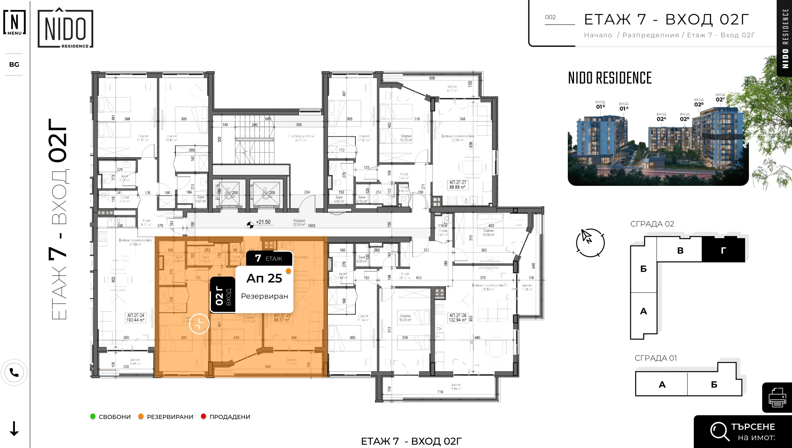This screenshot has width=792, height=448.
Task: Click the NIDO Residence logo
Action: [x=65, y=29]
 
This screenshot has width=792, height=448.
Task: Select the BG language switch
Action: [x=14, y=64]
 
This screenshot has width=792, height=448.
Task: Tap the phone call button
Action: [x=14, y=373]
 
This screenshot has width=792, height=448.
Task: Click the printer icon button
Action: [x=777, y=398]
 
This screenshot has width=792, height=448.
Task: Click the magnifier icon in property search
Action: [x=719, y=431]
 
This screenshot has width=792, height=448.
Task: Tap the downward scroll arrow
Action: [x=14, y=429]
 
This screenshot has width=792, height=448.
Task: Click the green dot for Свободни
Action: [x=93, y=416]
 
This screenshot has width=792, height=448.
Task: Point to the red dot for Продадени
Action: [x=203, y=416]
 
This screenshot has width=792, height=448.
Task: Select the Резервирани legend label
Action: [x=170, y=417]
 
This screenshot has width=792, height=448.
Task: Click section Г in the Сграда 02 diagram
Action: [x=723, y=250]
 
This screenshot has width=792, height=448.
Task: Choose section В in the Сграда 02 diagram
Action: [x=680, y=251]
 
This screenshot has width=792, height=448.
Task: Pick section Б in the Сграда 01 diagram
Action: [x=714, y=385]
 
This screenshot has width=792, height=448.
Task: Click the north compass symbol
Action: [x=590, y=242]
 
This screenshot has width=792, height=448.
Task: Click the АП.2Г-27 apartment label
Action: [x=458, y=185]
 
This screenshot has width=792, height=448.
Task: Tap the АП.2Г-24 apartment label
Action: [x=136, y=318]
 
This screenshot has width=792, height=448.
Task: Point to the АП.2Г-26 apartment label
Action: [x=458, y=318]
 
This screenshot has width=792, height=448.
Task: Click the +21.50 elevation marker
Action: [x=259, y=223]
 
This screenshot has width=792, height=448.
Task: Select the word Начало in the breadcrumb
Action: [x=598, y=35]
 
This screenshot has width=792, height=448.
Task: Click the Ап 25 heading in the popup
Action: [x=264, y=278]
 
